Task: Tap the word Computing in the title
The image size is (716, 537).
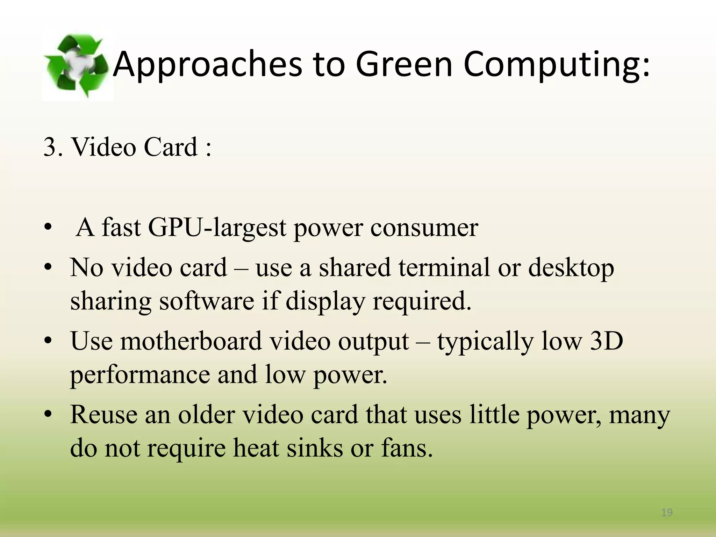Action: (557, 64)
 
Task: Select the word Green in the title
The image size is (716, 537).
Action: (404, 64)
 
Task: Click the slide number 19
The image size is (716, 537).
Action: (667, 513)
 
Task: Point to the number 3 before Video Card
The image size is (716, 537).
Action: (50, 147)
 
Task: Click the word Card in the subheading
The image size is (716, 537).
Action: (171, 147)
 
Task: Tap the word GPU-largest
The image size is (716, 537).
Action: (217, 228)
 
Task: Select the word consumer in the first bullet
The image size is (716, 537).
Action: (424, 228)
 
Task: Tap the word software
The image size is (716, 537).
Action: (207, 301)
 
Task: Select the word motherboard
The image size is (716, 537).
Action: (191, 341)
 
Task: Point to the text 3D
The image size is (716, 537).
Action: (606, 341)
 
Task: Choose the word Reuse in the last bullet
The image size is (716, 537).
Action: (104, 415)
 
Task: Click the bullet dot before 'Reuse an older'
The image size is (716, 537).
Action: (48, 415)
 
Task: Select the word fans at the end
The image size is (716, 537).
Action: (407, 448)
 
